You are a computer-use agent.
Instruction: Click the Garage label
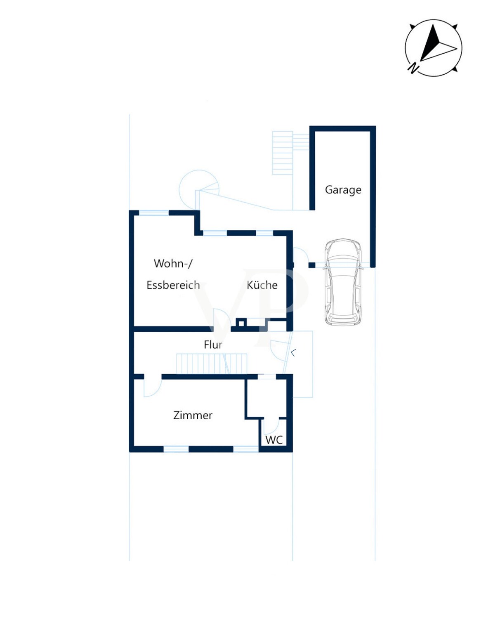[x=343, y=190]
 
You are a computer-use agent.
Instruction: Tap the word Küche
[x=262, y=285]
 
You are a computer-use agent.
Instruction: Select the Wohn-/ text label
[x=173, y=263]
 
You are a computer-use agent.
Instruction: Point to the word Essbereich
[x=173, y=285]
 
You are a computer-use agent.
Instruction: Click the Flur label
[x=213, y=345]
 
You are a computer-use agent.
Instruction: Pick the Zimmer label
[x=193, y=416]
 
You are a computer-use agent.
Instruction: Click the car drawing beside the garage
[x=343, y=282]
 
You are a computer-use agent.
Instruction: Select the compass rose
[x=434, y=48]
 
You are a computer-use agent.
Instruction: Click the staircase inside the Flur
[x=211, y=364]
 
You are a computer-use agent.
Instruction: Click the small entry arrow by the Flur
[x=293, y=353]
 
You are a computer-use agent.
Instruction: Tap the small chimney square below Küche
[x=241, y=323]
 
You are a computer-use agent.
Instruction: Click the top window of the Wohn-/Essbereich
[x=154, y=213]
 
